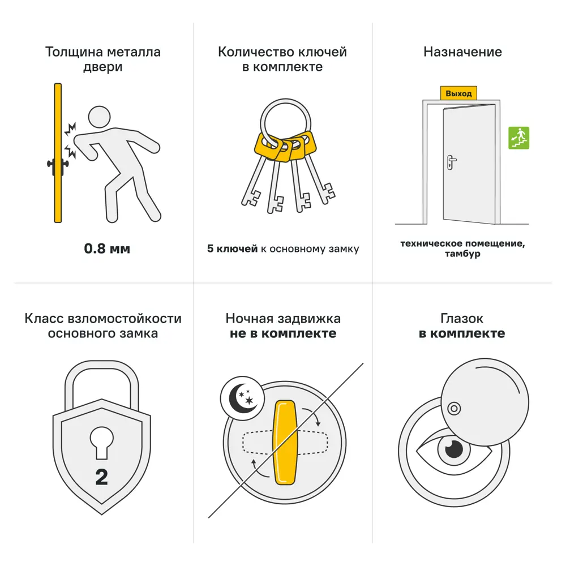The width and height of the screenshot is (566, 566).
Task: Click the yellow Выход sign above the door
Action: click(458, 93)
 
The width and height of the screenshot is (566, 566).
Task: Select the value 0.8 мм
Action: click(107, 248)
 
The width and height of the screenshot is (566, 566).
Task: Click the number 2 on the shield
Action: click(101, 477)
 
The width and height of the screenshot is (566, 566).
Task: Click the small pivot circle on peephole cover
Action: click(453, 408)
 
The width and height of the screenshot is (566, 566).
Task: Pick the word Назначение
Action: click(462, 52)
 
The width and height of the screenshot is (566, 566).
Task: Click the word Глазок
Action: click(462, 319)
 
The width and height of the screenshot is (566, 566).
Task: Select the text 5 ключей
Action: click(232, 248)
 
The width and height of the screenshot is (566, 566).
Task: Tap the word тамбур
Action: click(462, 254)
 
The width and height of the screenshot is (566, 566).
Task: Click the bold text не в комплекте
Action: click(283, 333)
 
